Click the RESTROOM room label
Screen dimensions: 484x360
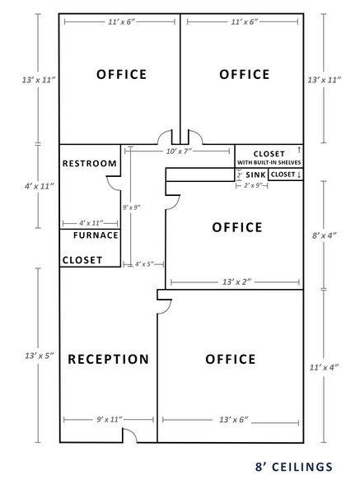coord(90,163)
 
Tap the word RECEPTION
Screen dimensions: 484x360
coord(108,359)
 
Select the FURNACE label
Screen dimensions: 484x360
coord(90,235)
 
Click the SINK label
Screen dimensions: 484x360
coord(255,175)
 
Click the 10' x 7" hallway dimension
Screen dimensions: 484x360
coord(178,152)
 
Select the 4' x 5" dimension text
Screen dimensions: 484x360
coord(144,264)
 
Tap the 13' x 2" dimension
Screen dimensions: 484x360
coord(235,282)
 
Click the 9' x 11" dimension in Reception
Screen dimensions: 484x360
coord(107,420)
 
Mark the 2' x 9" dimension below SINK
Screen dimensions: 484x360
coord(252,187)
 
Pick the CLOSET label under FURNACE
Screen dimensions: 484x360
coord(82,260)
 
